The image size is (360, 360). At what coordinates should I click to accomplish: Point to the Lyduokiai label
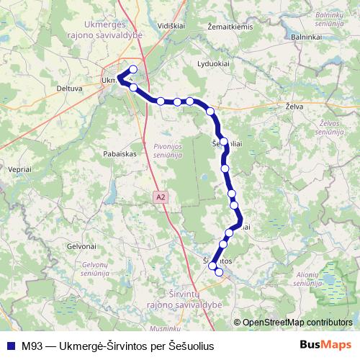click(212, 63)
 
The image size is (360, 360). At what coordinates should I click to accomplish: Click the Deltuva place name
click(70, 89)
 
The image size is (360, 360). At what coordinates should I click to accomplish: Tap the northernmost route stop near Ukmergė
click(132, 69)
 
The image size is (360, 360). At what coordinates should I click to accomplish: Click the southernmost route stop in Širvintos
click(219, 272)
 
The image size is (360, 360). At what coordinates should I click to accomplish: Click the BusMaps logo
click(325, 344)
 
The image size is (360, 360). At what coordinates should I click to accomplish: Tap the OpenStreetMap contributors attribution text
click(297, 322)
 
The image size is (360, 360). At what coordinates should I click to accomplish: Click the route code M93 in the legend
click(32, 345)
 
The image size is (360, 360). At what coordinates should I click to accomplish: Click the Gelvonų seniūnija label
click(90, 268)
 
